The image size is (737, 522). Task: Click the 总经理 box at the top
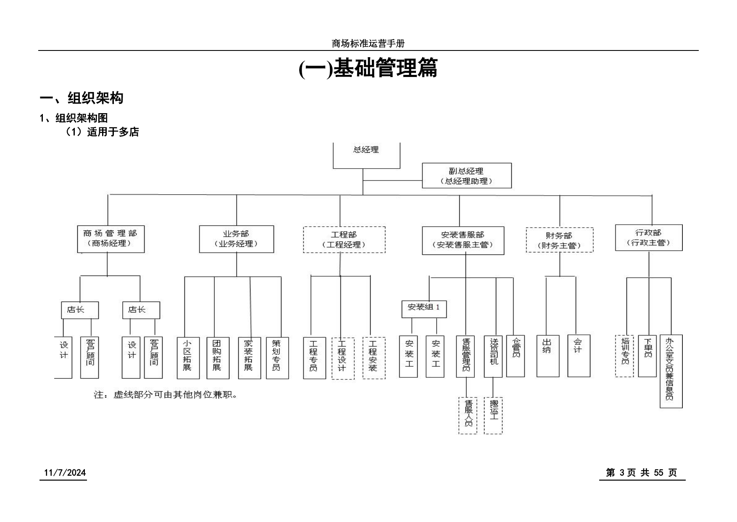366,156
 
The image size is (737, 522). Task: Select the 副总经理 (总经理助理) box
467,175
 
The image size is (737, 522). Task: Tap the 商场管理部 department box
111,239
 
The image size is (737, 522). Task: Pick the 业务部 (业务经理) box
237,239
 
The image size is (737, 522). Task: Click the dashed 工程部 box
344,239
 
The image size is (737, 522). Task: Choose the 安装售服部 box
463,241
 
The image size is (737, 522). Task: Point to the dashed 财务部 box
560,240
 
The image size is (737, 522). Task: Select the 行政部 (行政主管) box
649,237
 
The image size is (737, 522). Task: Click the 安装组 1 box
424,309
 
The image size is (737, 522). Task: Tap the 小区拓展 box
188,358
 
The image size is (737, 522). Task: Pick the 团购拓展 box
218,358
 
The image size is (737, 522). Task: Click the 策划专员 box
277,358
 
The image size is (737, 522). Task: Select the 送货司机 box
493,356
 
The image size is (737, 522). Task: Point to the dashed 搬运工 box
493,416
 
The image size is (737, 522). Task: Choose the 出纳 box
548,356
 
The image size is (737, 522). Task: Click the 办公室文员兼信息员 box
671,371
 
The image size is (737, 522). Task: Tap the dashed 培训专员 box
624,356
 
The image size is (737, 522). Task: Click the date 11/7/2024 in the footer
65,473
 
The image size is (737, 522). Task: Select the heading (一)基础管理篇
368,68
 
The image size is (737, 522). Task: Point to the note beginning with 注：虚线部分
166,395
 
